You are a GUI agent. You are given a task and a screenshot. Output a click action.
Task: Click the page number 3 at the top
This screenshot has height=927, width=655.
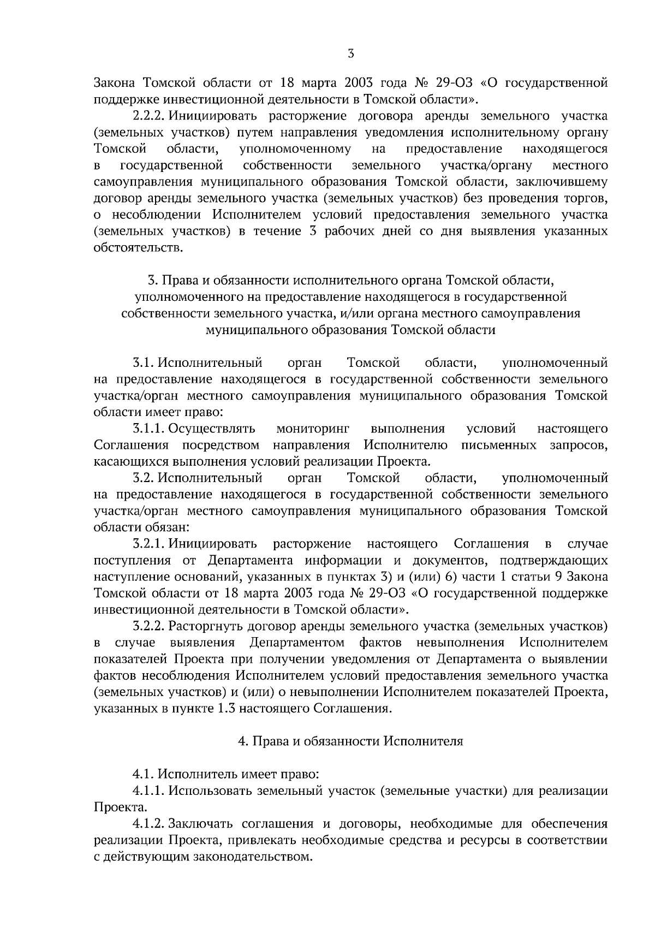[x=351, y=54]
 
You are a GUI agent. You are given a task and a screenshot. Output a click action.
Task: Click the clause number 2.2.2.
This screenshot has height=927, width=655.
[x=148, y=116]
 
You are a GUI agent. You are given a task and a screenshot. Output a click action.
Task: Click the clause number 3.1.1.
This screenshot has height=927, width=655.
[x=148, y=429]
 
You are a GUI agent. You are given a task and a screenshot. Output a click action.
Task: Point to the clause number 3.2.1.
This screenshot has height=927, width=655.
[x=148, y=544]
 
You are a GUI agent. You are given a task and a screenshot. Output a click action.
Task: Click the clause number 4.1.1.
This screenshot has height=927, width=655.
[x=148, y=791]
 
